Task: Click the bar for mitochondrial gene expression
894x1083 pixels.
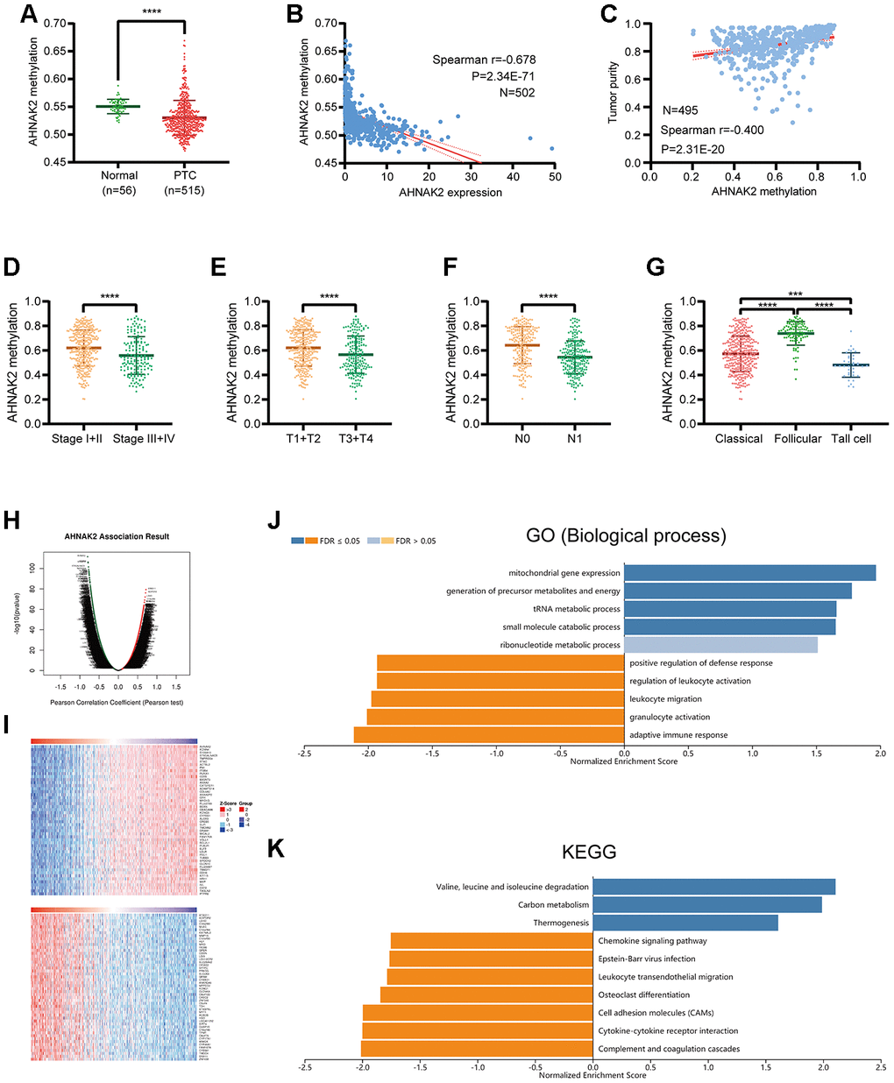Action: pos(749,573)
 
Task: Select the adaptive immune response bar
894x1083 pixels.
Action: pos(488,735)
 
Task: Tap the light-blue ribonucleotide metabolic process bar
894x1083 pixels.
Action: pos(720,645)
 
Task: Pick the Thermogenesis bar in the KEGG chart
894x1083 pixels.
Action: pos(685,923)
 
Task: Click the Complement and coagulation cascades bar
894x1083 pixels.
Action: pos(477,1049)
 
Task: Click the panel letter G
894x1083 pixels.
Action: pos(656,266)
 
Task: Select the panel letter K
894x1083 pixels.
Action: pos(276,849)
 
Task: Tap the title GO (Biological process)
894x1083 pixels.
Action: pos(626,535)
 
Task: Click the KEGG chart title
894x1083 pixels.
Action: pos(589,852)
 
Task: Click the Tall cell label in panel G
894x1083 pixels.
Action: pos(851,438)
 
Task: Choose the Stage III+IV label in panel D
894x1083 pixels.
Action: pos(144,438)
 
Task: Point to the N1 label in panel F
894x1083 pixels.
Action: pos(574,438)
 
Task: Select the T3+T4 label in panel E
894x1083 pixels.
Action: pos(355,438)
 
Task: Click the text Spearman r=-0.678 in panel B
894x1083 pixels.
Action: pos(484,60)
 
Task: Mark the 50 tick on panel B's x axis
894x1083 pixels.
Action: pos(556,176)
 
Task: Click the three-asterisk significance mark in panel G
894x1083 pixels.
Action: pos(795,294)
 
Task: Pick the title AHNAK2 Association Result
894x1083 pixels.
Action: pos(117,536)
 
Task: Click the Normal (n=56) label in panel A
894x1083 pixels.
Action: pos(119,182)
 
